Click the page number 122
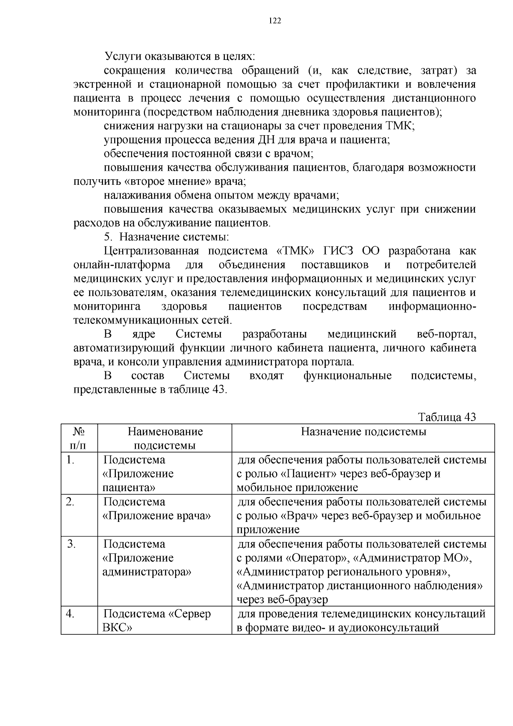pos(275,21)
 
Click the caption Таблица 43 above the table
pos(447,417)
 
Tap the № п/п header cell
pos(79,438)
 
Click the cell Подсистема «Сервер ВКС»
pos(157,621)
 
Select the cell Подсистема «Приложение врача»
pos(157,509)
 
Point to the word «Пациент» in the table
pos(308,474)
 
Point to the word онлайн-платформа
pos(121,265)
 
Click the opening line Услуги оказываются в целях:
pos(180,56)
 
